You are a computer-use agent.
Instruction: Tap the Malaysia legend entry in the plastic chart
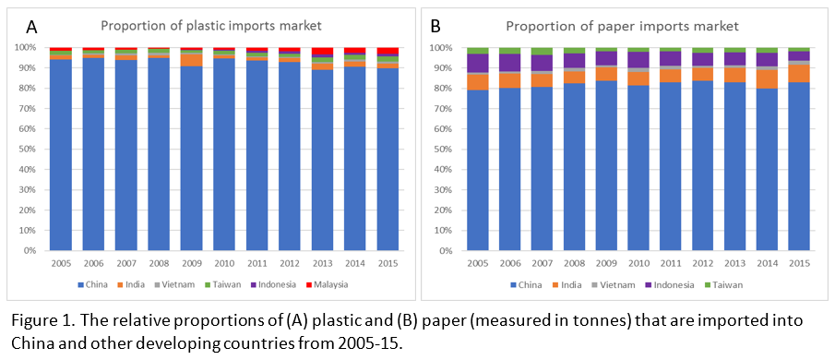[326, 284]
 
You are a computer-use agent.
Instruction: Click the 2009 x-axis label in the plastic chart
[193, 262]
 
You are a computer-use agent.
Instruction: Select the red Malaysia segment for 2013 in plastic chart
[323, 52]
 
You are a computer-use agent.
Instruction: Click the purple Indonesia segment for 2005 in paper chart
[478, 63]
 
